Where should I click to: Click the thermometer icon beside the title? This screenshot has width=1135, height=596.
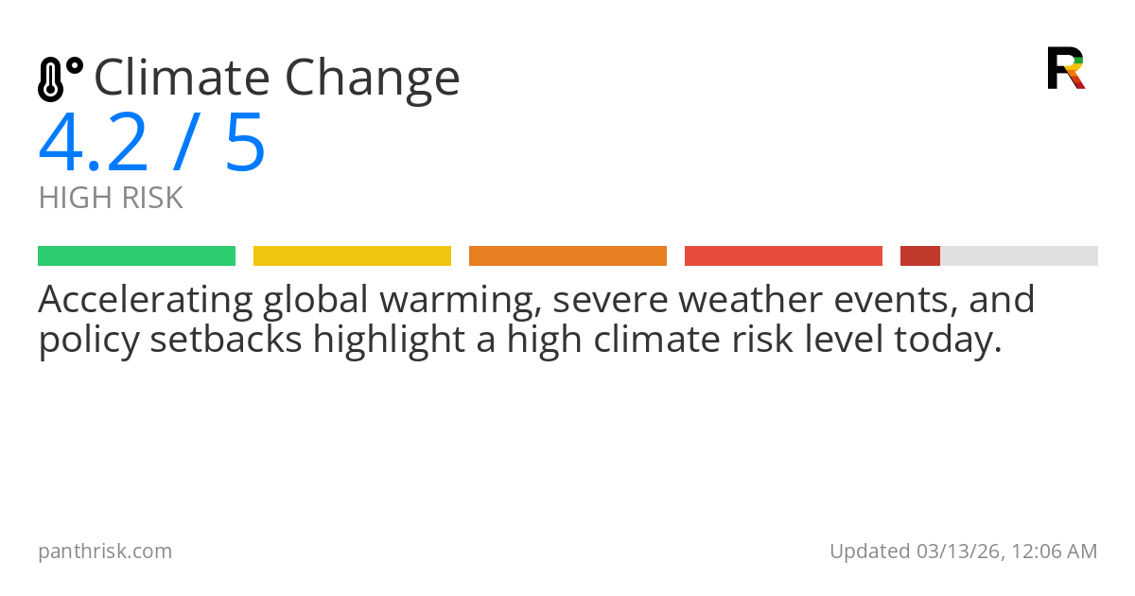[60, 79]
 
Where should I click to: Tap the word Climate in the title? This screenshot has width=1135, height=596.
[177, 78]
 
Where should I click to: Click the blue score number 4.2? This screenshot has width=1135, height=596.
[94, 143]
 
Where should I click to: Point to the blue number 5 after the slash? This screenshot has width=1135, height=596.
[244, 143]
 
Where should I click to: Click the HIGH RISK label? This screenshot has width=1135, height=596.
[111, 199]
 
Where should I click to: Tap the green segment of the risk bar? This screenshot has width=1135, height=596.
[136, 255]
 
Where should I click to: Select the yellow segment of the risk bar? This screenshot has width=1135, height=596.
[352, 255]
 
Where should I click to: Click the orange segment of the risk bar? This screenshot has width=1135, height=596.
[567, 255]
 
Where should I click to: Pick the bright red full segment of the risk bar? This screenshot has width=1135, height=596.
[783, 255]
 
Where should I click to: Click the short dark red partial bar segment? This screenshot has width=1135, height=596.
[920, 255]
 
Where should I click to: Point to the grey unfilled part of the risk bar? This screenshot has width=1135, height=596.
[1019, 255]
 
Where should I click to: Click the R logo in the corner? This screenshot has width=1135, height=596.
[1065, 68]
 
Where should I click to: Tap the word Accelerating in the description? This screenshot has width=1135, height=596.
[145, 301]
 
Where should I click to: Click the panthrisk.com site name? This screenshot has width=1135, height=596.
[105, 551]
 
